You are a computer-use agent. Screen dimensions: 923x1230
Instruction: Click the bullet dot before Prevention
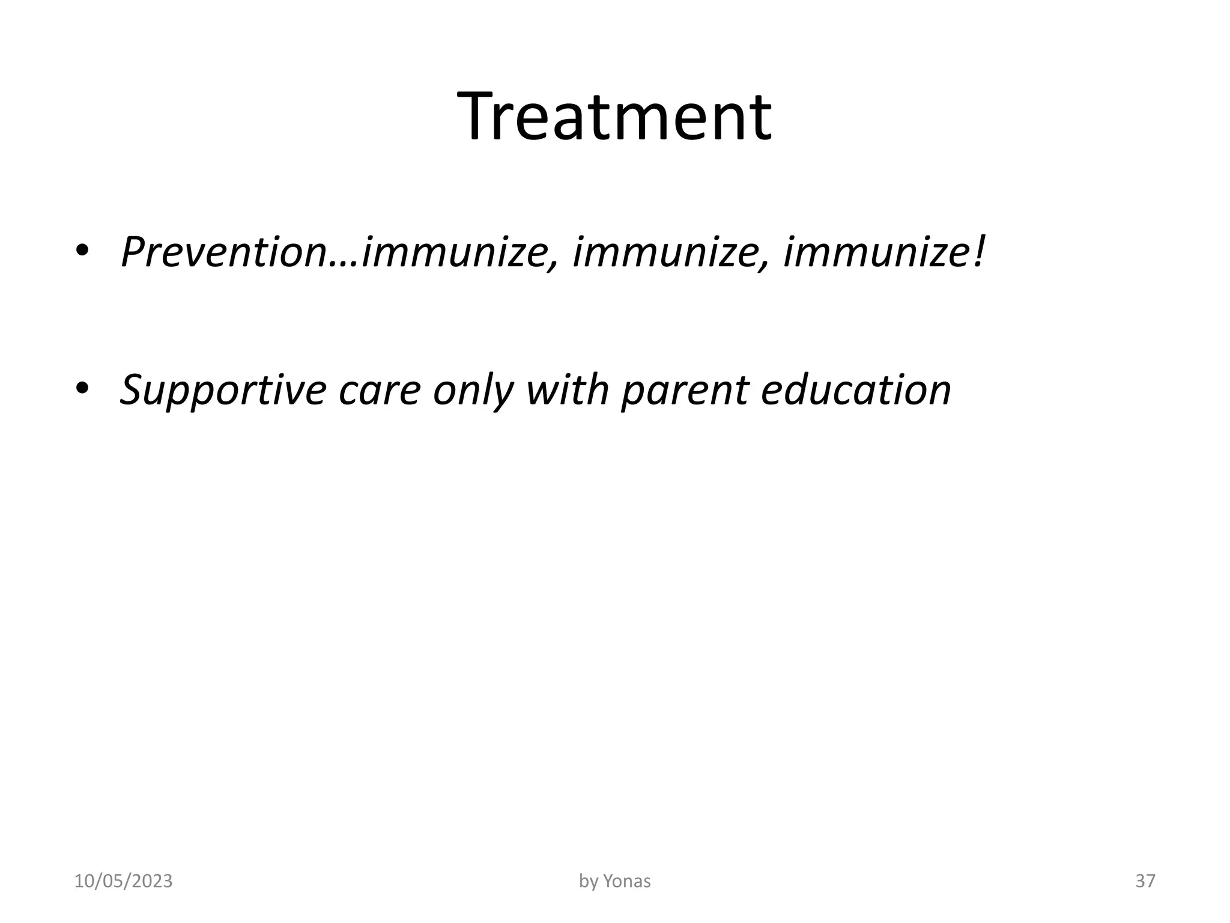click(82, 251)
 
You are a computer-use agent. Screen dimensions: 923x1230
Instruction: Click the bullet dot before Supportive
click(82, 389)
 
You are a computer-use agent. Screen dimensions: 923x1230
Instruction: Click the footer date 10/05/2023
click(123, 882)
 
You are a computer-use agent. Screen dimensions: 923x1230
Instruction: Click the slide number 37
click(1145, 882)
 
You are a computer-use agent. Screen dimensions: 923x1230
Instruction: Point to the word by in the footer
click(588, 882)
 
